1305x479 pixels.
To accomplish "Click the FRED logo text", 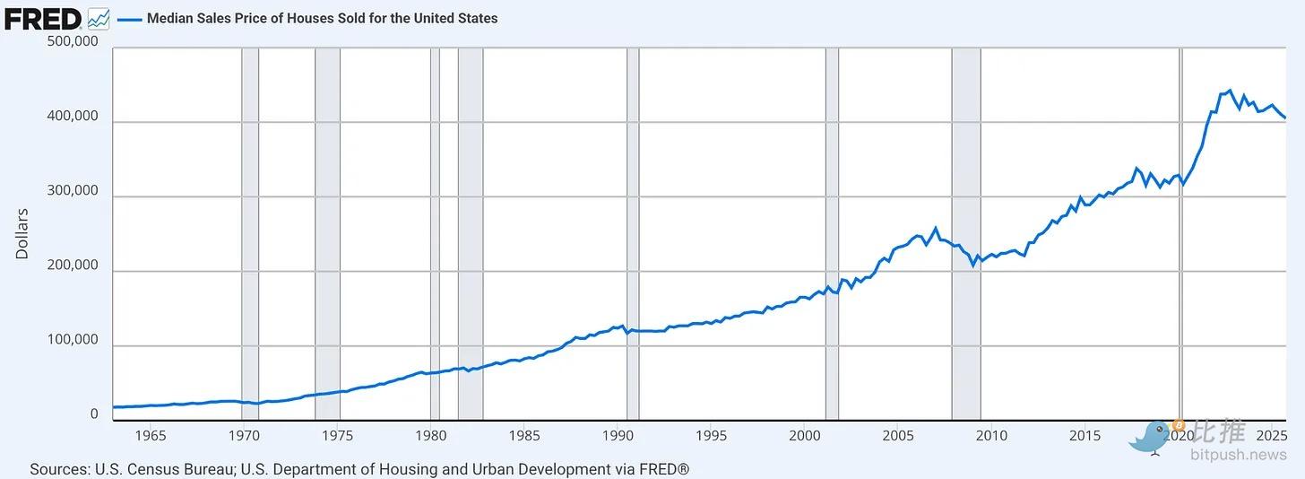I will [x=43, y=17].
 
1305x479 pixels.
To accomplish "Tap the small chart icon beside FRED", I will [x=99, y=18].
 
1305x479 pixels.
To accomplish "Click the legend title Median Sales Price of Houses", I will [x=323, y=18].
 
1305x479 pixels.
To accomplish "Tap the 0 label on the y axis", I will [x=94, y=414].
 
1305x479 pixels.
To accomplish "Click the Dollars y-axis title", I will [x=22, y=233].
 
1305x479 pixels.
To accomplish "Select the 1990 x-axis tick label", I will [x=618, y=436].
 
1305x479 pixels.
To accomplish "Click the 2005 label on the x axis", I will [x=898, y=436].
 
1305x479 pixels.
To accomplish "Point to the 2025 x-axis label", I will [x=1272, y=436].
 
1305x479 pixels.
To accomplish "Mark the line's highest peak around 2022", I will [x=1230, y=91].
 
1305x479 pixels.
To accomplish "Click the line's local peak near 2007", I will [x=936, y=228].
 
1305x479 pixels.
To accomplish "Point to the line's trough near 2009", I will [x=973, y=265].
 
